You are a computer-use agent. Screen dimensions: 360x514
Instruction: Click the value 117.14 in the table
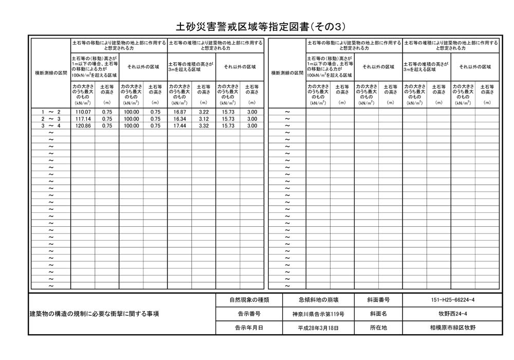click(83, 119)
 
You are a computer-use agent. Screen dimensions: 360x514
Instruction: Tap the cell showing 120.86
click(83, 125)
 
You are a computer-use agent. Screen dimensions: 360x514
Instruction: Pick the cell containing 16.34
click(179, 119)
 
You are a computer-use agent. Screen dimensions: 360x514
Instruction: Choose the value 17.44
click(179, 125)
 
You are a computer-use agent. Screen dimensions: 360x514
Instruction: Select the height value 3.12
click(204, 119)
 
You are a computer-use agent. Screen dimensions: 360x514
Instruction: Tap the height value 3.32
click(204, 125)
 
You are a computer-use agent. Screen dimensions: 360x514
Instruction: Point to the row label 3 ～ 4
click(51, 125)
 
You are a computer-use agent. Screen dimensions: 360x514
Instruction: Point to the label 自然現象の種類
click(249, 299)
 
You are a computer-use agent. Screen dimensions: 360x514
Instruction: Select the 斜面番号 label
click(378, 299)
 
